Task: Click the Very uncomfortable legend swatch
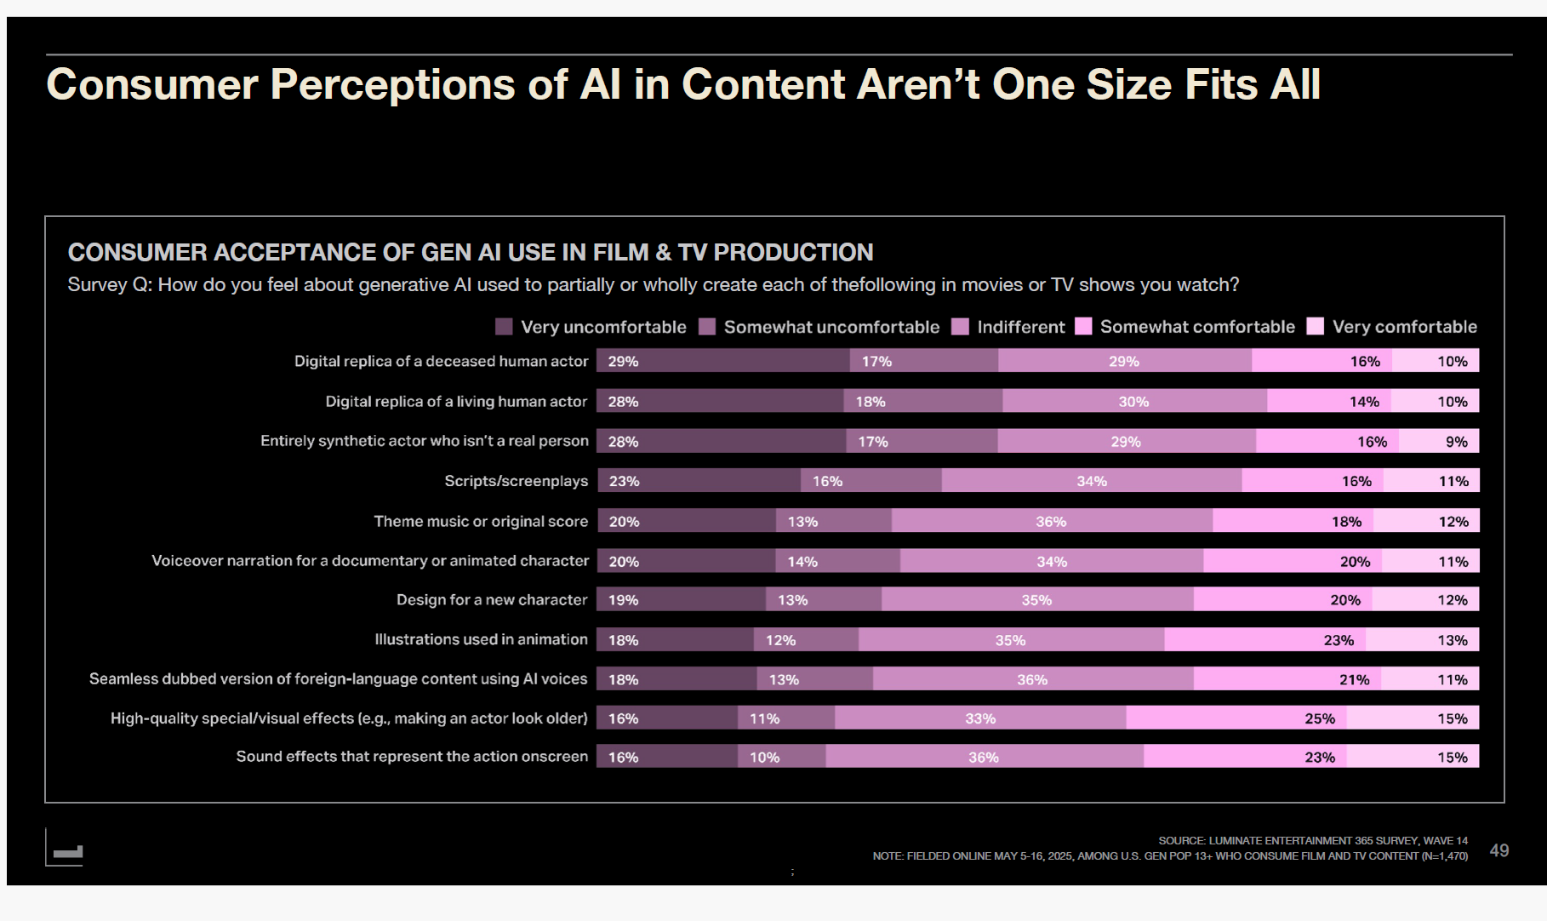coord(504,327)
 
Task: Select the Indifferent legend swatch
coord(960,327)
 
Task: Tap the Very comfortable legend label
coord(1404,327)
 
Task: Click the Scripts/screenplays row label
coord(516,481)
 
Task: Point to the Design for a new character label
coord(492,600)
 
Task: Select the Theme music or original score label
coord(481,521)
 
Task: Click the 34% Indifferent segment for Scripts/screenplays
coord(1091,481)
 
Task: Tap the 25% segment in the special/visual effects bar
coord(1236,718)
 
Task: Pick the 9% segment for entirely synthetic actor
coord(1439,441)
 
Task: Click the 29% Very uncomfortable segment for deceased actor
coord(722,361)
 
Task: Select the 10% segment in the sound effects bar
coord(781,757)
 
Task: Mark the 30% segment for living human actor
coord(1133,401)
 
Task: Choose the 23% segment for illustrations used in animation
coord(1264,640)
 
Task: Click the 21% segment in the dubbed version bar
coord(1287,679)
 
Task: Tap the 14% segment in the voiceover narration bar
coord(837,561)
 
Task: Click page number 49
coord(1498,850)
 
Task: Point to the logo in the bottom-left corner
coord(66,850)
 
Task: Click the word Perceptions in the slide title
coord(392,85)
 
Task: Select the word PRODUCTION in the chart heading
coord(793,253)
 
